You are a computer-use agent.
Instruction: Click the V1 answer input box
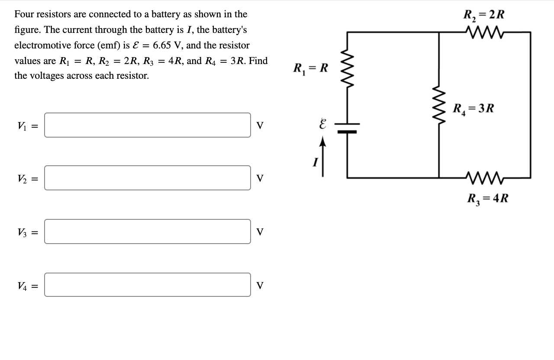tap(147, 125)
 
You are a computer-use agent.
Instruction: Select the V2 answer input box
tap(147, 178)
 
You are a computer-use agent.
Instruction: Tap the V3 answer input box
tap(147, 231)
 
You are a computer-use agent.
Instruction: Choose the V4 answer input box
tap(147, 285)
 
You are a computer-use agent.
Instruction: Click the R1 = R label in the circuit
tap(311, 68)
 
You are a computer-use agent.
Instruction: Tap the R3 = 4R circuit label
tap(488, 199)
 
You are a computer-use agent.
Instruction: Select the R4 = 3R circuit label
tap(473, 108)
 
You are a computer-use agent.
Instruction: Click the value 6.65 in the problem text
tap(162, 45)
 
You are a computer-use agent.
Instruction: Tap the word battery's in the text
tap(227, 30)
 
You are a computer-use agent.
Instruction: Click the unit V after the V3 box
tap(260, 232)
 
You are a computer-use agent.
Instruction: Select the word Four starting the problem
tap(24, 14)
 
